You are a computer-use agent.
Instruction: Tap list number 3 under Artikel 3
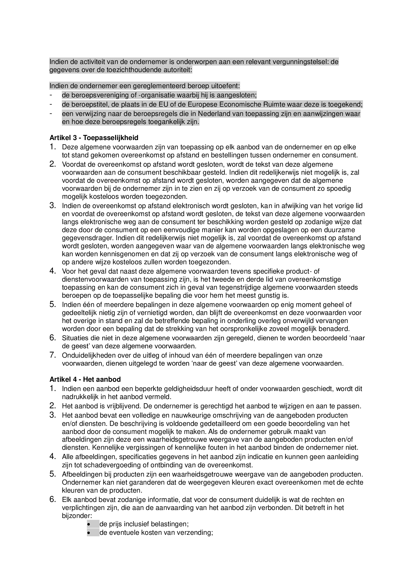53,205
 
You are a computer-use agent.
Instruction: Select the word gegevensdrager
88,238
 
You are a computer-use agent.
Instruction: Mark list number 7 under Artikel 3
53,355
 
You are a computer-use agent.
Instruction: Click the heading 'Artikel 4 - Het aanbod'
85,379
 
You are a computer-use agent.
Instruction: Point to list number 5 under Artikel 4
53,474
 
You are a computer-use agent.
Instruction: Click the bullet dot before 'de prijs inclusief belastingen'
89,524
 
